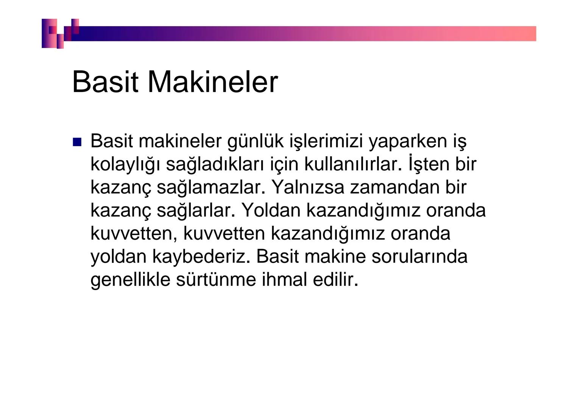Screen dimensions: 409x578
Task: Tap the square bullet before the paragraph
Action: click(77, 142)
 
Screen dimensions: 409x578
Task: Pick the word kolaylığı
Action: click(125, 165)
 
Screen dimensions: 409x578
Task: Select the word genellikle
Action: click(130, 280)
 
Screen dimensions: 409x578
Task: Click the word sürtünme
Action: click(215, 280)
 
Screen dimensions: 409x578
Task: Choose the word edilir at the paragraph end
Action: click(335, 280)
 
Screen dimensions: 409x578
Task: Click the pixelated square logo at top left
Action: click(60, 33)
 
